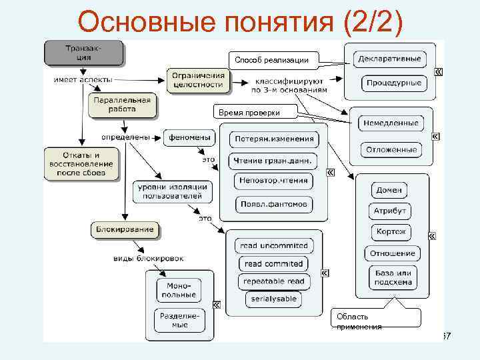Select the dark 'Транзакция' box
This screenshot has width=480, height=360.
84,53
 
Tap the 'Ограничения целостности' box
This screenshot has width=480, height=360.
198,80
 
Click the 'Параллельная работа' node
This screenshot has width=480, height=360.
120,103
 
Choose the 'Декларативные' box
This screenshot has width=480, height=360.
389,59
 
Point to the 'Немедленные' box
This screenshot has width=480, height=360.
391,123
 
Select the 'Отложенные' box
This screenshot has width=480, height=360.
391,149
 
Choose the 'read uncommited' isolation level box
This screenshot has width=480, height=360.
273,246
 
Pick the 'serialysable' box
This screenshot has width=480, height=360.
273,299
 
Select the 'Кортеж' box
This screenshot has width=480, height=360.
391,233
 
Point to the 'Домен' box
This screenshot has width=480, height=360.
389,190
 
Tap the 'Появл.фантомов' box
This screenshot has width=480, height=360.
274,204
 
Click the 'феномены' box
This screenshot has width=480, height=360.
190,137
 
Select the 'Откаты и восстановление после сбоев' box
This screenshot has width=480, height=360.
82,163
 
